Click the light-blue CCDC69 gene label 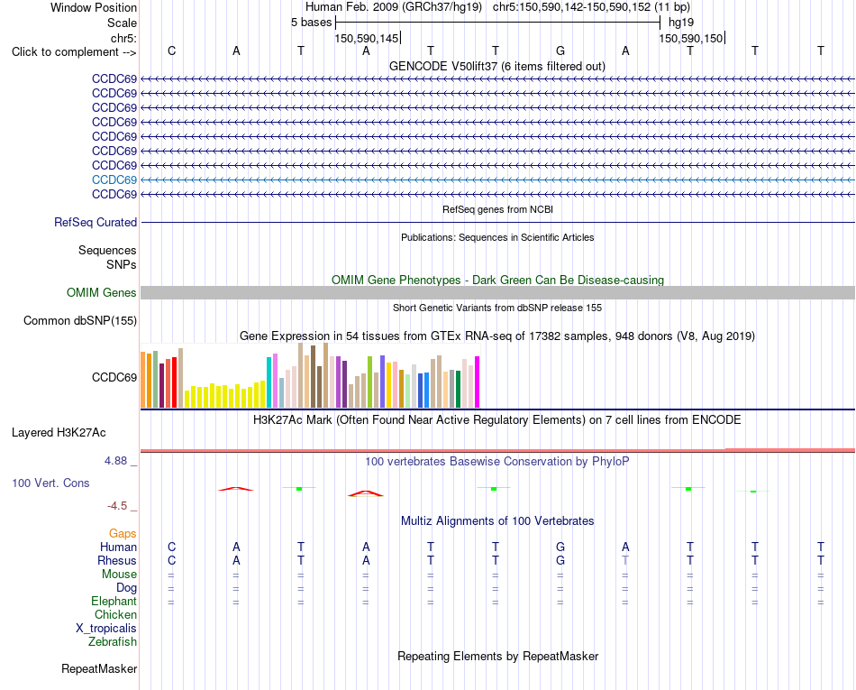tap(114, 179)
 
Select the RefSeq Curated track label tap(96, 223)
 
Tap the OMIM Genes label tap(102, 293)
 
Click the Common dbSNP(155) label tap(80, 321)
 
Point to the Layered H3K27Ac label tap(59, 433)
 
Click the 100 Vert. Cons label tap(50, 483)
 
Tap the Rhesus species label tap(117, 560)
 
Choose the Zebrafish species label tap(113, 642)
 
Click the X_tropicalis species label tap(106, 629)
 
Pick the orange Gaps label tap(123, 534)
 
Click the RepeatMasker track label tap(99, 669)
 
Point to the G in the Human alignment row tap(560, 547)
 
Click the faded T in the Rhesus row tap(625, 560)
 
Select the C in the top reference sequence tap(171, 51)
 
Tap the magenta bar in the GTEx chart tap(478, 382)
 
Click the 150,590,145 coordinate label tap(367, 38)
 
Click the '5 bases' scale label tap(311, 23)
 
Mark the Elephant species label tap(114, 602)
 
